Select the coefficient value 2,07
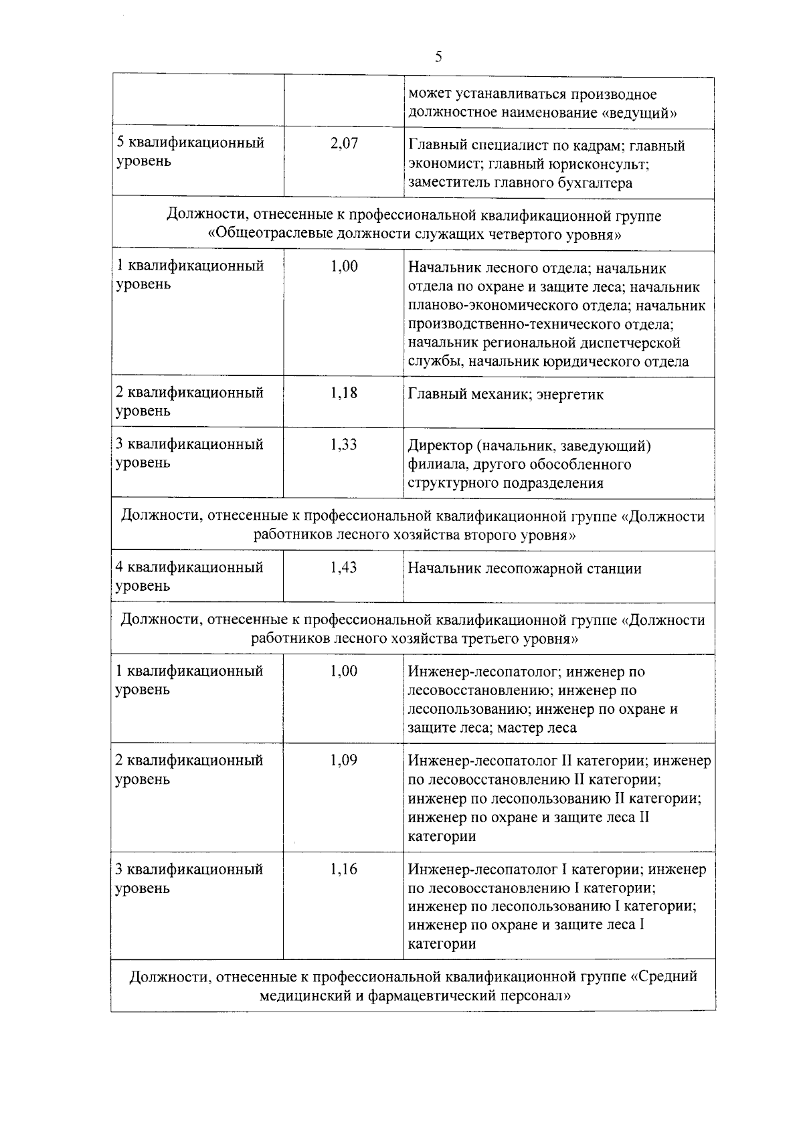[344, 143]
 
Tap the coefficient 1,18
[344, 393]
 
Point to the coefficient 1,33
[344, 444]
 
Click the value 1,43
[344, 567]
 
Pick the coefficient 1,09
[344, 761]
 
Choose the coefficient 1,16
[344, 870]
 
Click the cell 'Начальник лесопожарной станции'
[525, 569]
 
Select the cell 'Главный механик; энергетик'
[506, 395]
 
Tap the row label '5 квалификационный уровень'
[190, 152]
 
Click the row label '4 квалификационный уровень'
[190, 576]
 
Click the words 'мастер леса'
[537, 728]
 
